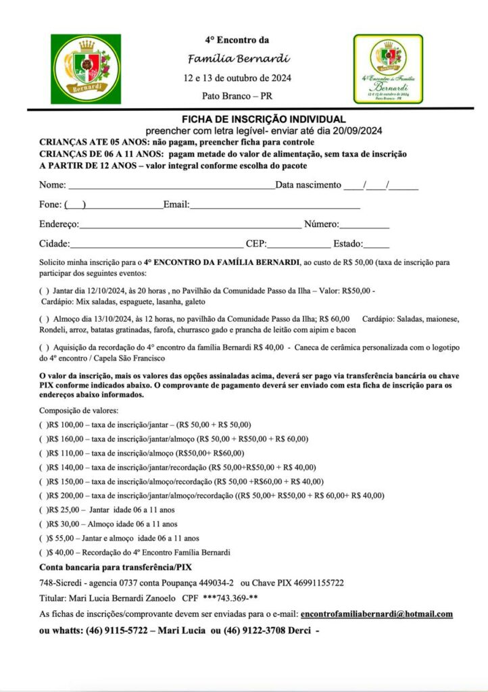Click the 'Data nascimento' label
(x=308, y=184)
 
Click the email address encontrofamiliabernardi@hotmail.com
(x=376, y=614)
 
